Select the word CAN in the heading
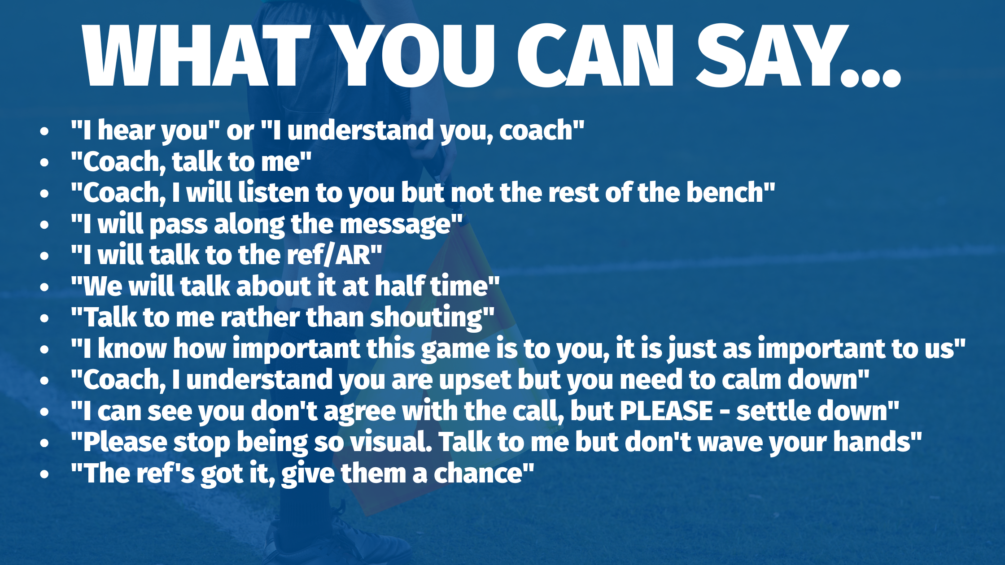pos(595,56)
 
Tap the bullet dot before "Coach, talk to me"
pos(44,162)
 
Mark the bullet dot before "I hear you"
pos(44,131)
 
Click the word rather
pos(260,317)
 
